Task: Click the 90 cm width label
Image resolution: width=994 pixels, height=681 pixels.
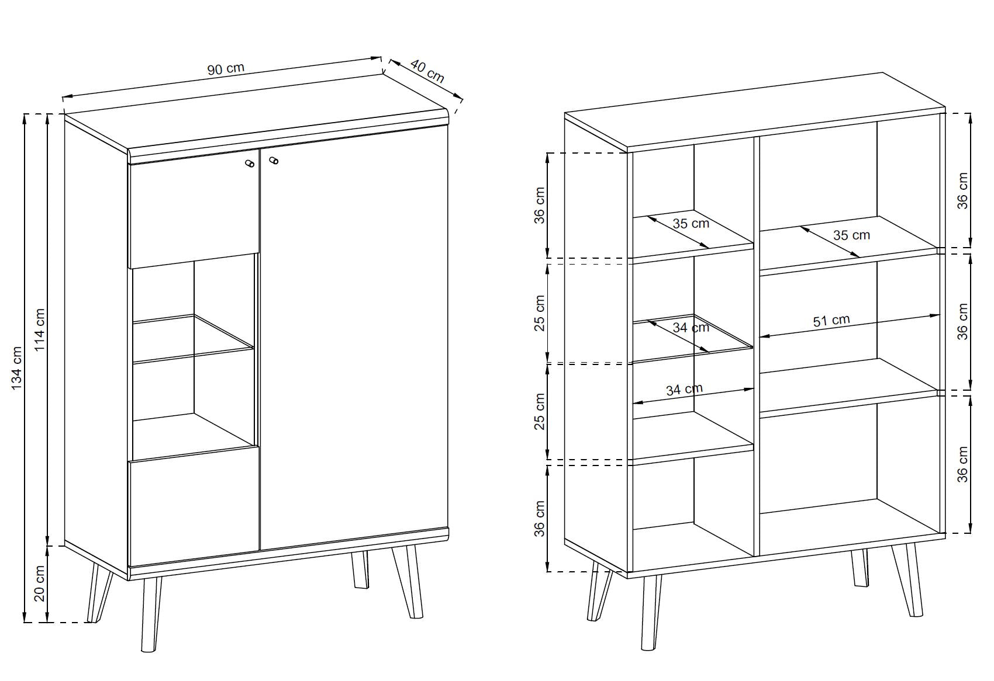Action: (226, 69)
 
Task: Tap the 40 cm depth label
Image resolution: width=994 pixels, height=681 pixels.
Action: (427, 71)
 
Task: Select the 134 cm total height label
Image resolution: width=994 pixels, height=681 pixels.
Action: (16, 369)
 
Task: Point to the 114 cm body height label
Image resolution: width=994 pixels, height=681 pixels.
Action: (40, 329)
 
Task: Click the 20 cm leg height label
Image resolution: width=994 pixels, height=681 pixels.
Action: (40, 583)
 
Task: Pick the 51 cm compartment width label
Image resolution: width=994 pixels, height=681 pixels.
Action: (831, 321)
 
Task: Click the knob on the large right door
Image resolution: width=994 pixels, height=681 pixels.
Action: (274, 160)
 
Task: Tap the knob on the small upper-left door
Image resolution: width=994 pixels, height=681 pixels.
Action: (250, 164)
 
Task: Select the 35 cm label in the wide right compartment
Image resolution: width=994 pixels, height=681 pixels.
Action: (851, 235)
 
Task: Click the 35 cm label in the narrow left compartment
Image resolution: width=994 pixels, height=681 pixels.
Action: (691, 224)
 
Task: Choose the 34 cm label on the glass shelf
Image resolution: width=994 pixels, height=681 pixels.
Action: (691, 328)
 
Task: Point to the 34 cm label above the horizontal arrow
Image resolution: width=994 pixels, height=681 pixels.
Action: (684, 390)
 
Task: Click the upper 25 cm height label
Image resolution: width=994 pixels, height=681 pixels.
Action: (539, 313)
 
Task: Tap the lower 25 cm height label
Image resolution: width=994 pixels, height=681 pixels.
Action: (539, 411)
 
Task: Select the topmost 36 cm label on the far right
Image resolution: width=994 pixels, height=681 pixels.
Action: (962, 190)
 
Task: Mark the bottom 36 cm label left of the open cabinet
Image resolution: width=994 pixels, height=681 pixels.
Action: (539, 519)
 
